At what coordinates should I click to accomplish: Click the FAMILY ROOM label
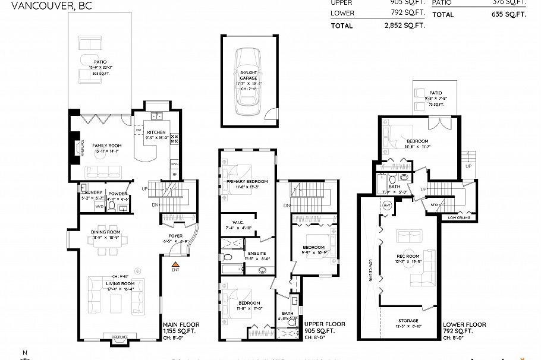coord(106,146)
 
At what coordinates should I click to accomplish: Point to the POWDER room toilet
coord(112,207)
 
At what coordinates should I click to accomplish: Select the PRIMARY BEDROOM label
coord(247,181)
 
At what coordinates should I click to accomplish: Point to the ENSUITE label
coord(257,253)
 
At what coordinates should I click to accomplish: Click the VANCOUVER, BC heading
coord(36,7)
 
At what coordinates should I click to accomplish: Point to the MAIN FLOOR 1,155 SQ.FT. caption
coord(181,327)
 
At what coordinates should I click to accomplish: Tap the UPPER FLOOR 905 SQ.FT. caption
coord(324,327)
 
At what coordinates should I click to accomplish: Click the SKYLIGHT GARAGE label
coord(248,75)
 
